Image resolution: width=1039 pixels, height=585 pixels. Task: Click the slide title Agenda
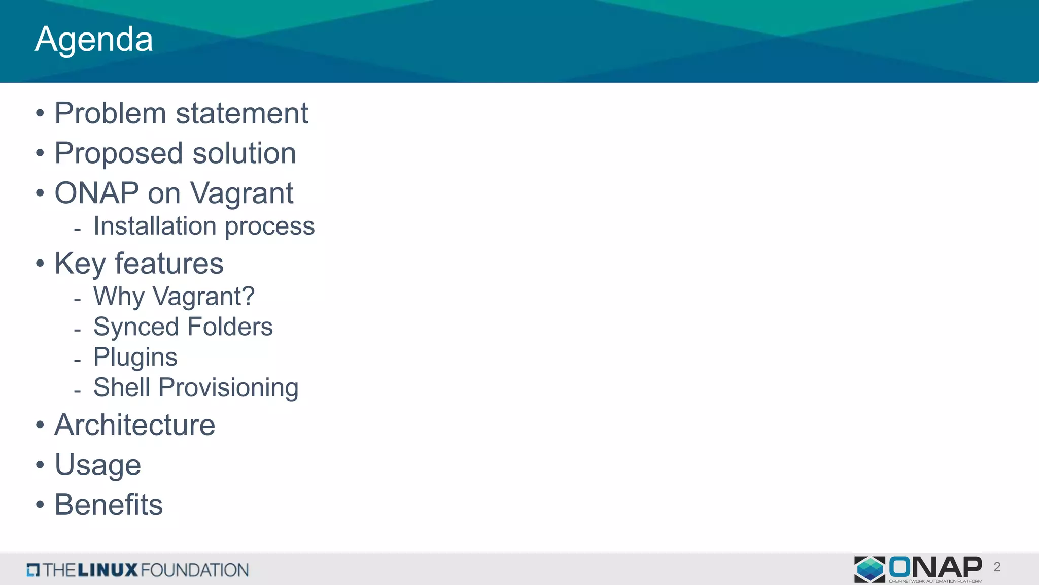coord(94,40)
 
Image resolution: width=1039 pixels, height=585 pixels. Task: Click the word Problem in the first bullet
coord(110,113)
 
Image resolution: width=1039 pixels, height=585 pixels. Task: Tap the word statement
coord(242,113)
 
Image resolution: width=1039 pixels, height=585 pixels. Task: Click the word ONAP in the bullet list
coord(96,193)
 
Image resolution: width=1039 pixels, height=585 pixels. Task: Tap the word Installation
coord(155,226)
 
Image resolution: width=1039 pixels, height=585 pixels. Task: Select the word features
coord(169,264)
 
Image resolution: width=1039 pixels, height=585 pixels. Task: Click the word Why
coord(119,297)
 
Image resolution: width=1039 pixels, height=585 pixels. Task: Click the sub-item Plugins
coord(135,357)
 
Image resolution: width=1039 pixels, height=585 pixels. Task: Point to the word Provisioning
coord(228,388)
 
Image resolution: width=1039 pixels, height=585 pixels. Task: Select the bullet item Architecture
coord(134,425)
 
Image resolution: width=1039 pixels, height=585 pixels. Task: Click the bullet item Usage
coord(97,465)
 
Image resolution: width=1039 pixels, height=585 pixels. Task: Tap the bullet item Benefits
coord(109,505)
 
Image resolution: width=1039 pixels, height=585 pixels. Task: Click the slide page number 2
coord(997,567)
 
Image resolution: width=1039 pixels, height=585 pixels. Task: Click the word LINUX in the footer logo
coord(108,570)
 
